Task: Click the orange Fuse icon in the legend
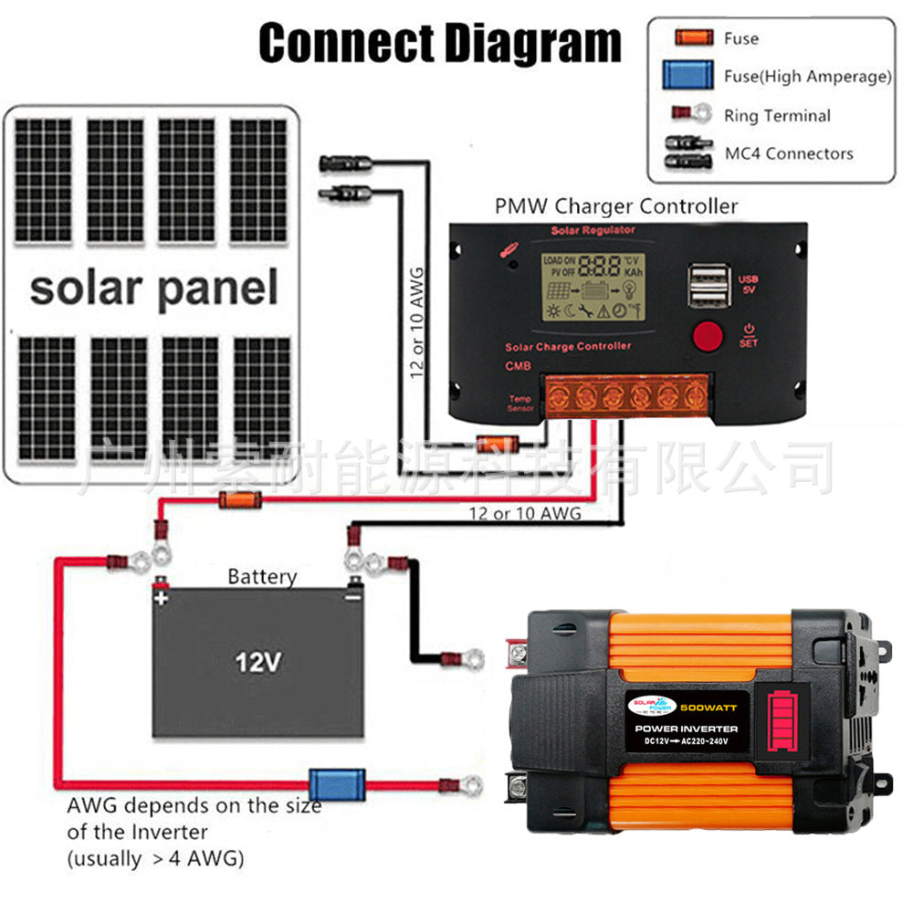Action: tap(693, 38)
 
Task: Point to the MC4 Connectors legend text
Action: tap(789, 153)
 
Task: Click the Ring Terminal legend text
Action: tap(777, 116)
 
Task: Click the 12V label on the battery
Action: tap(257, 661)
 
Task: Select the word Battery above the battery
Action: tap(262, 576)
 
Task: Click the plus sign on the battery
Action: tap(162, 599)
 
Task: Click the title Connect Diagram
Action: tap(440, 44)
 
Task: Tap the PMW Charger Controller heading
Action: tap(616, 205)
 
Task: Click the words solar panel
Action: tap(153, 288)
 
